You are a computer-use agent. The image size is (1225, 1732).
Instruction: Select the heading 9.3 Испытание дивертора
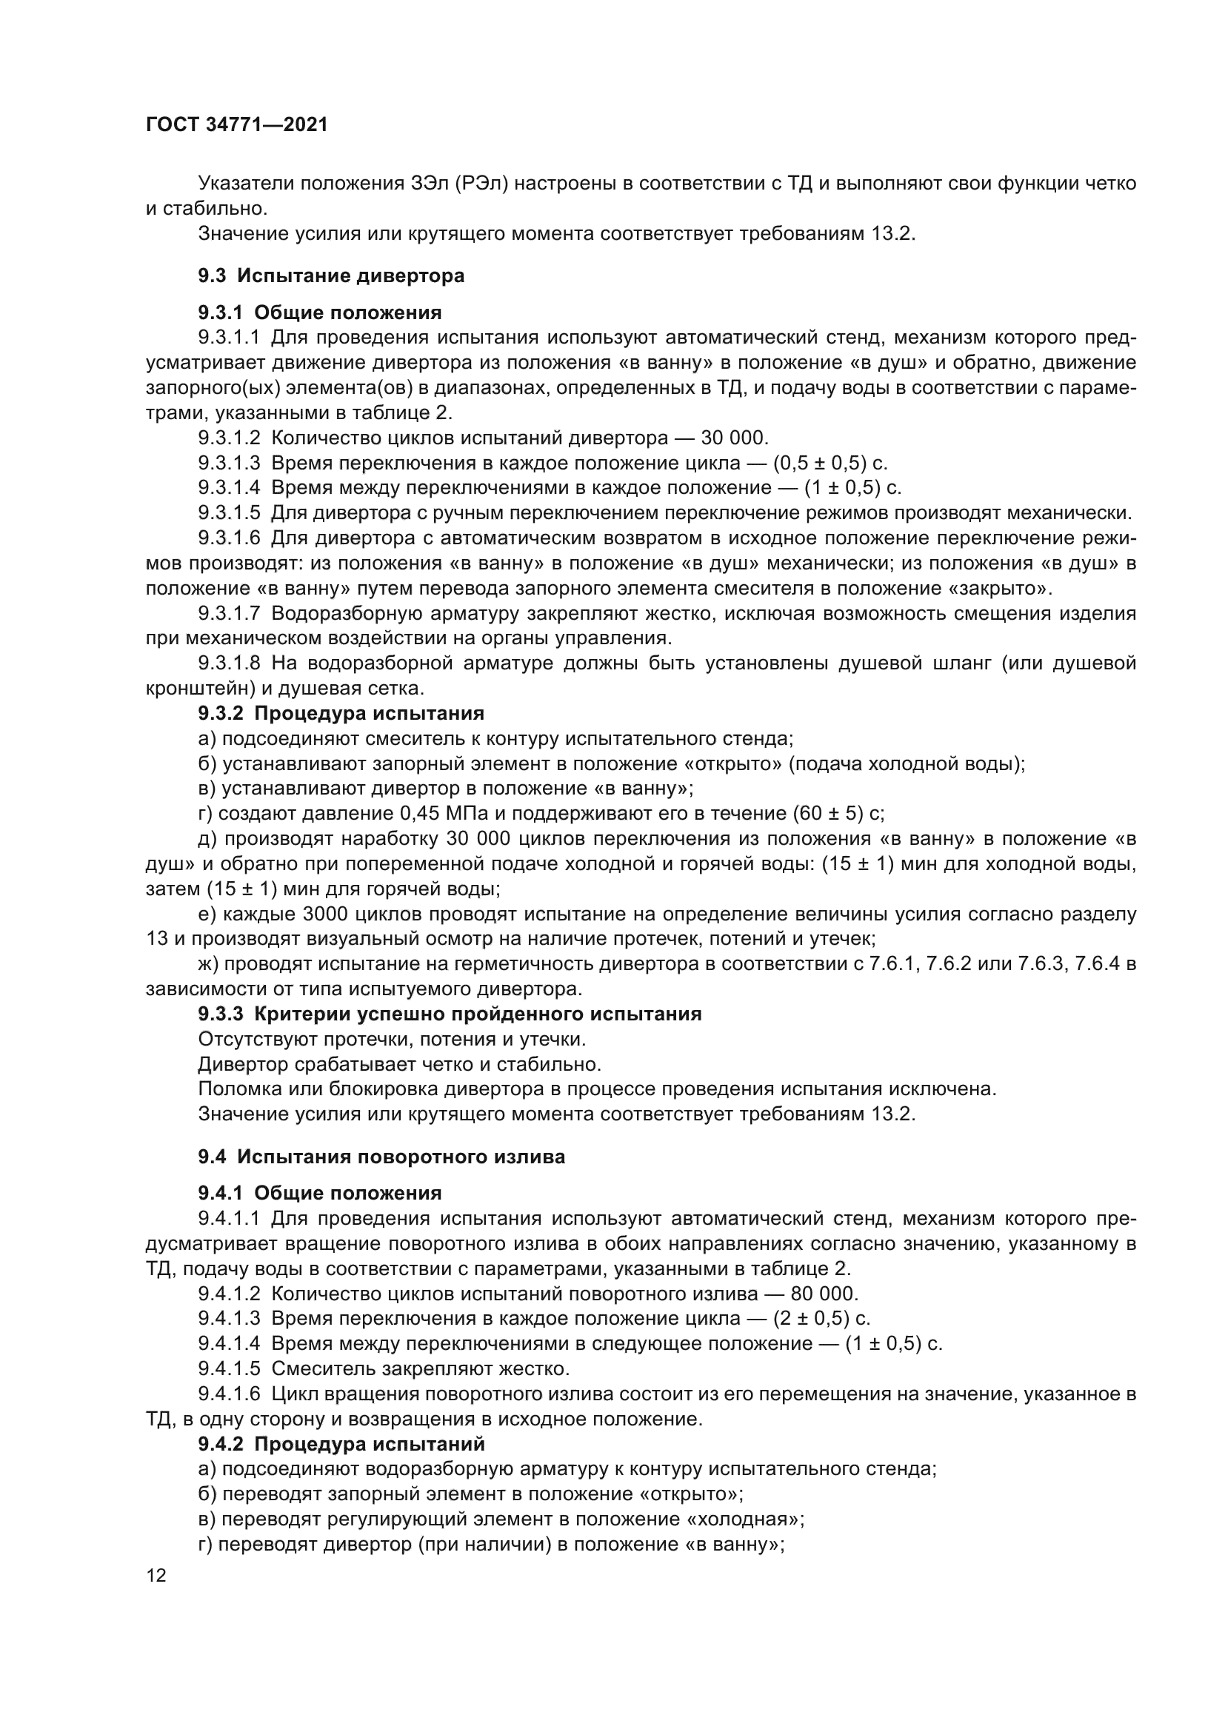pos(331,276)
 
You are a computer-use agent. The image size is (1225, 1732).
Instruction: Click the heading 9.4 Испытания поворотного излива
pos(381,1157)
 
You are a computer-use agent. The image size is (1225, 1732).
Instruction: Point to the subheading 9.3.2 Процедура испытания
pos(341,713)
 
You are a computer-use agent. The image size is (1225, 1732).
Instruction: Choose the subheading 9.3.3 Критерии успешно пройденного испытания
pos(450,1014)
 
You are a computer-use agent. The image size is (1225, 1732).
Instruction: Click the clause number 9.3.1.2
pos(230,438)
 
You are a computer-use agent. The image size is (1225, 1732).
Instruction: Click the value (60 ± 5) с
pos(838,813)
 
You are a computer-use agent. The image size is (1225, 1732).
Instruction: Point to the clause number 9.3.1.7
pos(230,613)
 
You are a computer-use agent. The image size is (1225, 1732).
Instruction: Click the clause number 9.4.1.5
pos(230,1368)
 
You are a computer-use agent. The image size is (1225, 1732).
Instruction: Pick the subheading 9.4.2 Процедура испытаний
pos(341,1444)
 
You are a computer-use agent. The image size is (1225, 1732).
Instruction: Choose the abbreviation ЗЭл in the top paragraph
pos(430,184)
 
